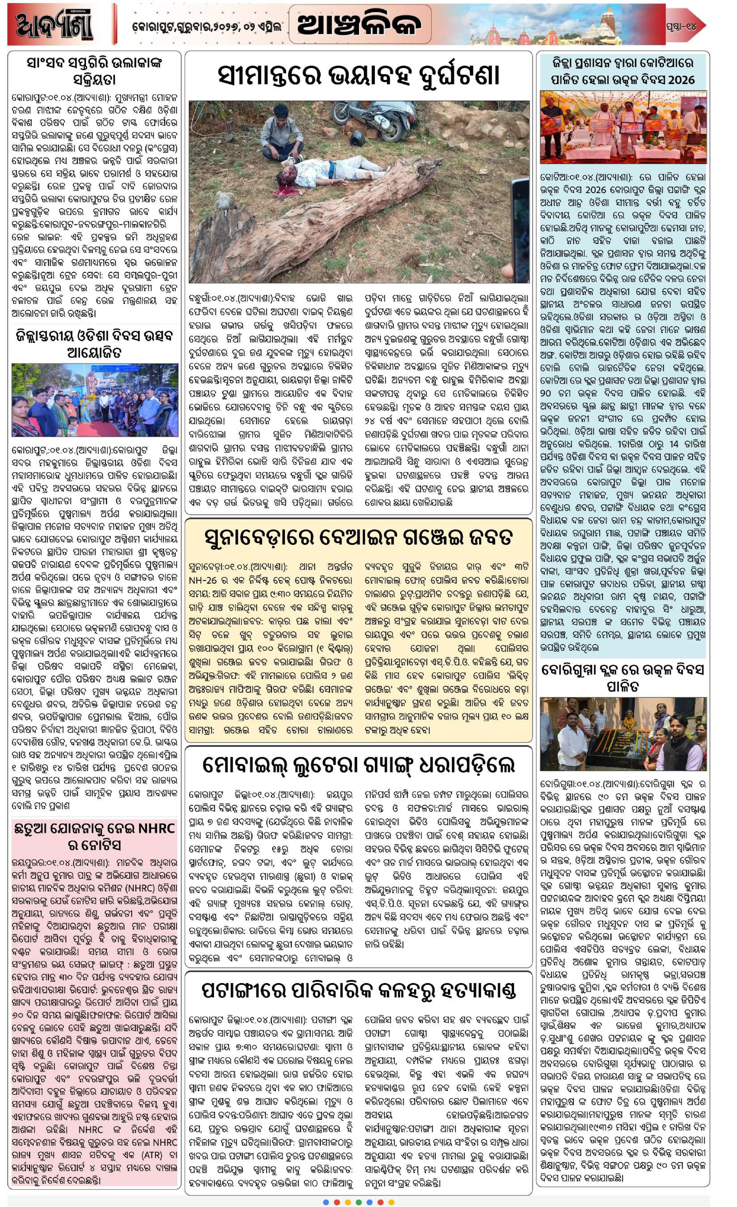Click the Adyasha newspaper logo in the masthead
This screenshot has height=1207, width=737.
(54, 24)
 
